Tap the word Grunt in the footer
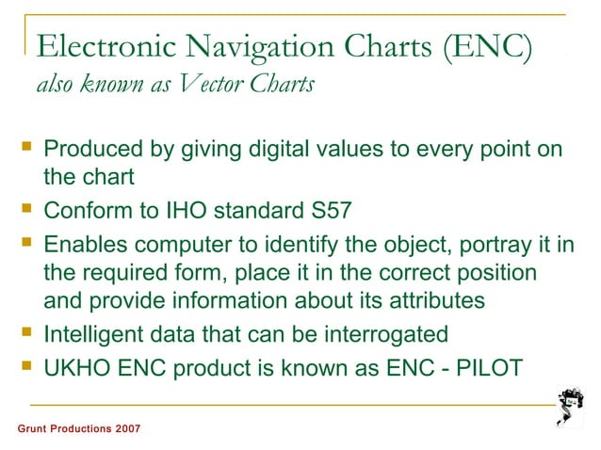click(34, 429)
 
